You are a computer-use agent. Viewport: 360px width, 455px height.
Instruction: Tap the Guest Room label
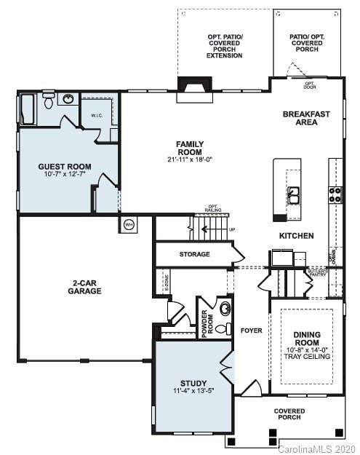point(65,167)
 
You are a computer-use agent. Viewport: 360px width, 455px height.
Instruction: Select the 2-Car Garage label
point(87,287)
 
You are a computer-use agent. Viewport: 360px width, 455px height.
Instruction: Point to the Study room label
point(193,383)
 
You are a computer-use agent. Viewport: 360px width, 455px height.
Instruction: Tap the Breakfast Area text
point(306,118)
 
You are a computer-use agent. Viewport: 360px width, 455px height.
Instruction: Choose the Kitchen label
point(297,236)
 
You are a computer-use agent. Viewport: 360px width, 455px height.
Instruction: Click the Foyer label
point(251,331)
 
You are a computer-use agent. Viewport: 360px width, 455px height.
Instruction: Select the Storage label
point(194,254)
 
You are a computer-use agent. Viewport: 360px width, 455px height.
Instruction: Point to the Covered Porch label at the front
point(289,415)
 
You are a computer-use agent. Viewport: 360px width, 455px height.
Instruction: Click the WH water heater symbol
point(129,223)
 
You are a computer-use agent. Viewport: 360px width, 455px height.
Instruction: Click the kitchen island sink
point(295,194)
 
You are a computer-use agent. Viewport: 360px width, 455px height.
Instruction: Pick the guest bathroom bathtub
point(28,109)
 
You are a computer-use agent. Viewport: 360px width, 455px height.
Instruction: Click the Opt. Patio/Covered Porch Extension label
point(224,45)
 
